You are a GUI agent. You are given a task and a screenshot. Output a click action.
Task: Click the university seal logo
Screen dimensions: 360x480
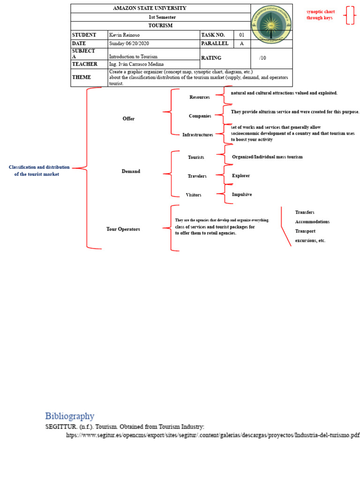(x=271, y=25)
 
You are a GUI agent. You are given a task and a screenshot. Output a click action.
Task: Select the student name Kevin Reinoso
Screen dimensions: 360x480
(x=124, y=35)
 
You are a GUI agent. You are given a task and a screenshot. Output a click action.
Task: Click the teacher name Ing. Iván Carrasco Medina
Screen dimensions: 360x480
(x=137, y=64)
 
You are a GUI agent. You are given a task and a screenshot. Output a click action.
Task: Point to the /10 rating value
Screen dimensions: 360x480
(x=262, y=58)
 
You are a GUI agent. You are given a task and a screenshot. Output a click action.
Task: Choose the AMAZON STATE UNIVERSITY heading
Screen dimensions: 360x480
(x=150, y=8)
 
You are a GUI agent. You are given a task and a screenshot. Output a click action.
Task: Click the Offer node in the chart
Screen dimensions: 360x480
(x=128, y=119)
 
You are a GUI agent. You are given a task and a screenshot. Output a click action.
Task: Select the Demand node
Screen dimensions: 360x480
(x=131, y=172)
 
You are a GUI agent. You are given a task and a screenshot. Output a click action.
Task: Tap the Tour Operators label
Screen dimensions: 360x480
(x=123, y=229)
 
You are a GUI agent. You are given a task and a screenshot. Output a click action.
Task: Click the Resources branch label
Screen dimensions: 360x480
(x=199, y=97)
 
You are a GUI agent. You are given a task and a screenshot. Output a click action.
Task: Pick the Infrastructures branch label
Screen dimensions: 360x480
(x=197, y=135)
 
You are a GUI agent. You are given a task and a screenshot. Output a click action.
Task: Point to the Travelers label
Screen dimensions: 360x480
(x=197, y=176)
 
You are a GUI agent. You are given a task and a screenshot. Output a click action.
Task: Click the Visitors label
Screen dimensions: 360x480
(x=194, y=195)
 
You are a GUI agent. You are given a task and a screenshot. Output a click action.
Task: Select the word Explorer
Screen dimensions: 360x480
(x=241, y=176)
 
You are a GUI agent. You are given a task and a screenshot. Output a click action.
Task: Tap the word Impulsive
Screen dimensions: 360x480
(x=242, y=194)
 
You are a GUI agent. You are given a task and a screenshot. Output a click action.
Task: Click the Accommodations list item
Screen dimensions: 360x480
(x=312, y=222)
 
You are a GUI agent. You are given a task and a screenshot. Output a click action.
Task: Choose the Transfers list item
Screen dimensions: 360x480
(x=305, y=212)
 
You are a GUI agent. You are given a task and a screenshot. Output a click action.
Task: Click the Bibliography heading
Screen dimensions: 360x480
(x=69, y=416)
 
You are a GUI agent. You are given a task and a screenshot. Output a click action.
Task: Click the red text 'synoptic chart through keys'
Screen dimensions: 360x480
(x=321, y=15)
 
